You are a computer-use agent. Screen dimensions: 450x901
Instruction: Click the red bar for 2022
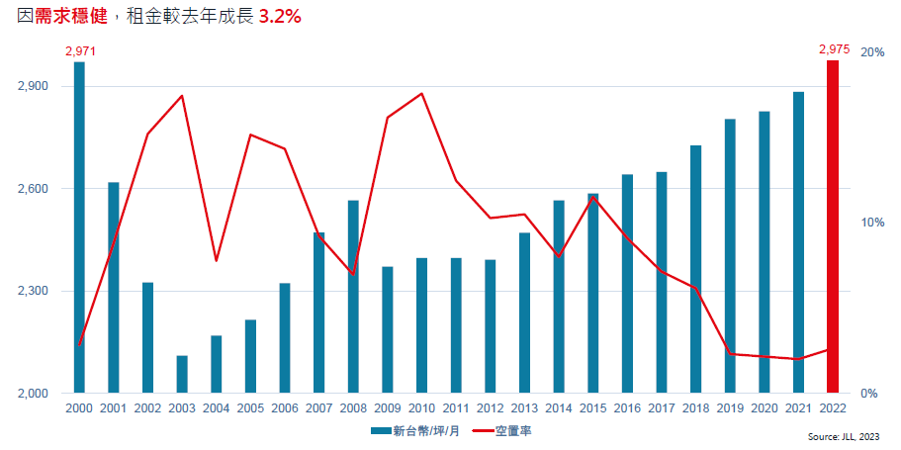[x=833, y=227]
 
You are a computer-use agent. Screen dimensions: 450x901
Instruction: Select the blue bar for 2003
[x=182, y=375]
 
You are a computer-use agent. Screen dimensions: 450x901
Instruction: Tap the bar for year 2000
[x=79, y=227]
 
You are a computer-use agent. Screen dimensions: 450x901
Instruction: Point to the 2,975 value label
[x=835, y=48]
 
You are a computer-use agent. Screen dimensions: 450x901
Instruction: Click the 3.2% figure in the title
[x=280, y=18]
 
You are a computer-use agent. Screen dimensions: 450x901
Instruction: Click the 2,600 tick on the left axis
[x=35, y=189]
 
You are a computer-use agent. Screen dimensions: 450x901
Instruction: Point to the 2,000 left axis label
[x=35, y=394]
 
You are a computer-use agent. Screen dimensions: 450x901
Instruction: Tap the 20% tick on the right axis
[x=873, y=52]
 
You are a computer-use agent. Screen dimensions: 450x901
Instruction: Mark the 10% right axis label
[x=873, y=223]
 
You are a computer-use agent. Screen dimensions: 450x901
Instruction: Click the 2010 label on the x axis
[x=422, y=407]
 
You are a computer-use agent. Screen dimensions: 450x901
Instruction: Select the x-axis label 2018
[x=696, y=407]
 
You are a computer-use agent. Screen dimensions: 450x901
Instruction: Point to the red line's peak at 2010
[x=422, y=94]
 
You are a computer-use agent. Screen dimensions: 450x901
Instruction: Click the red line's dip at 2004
[x=217, y=261]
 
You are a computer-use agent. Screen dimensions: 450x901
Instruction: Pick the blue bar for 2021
[x=799, y=243]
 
